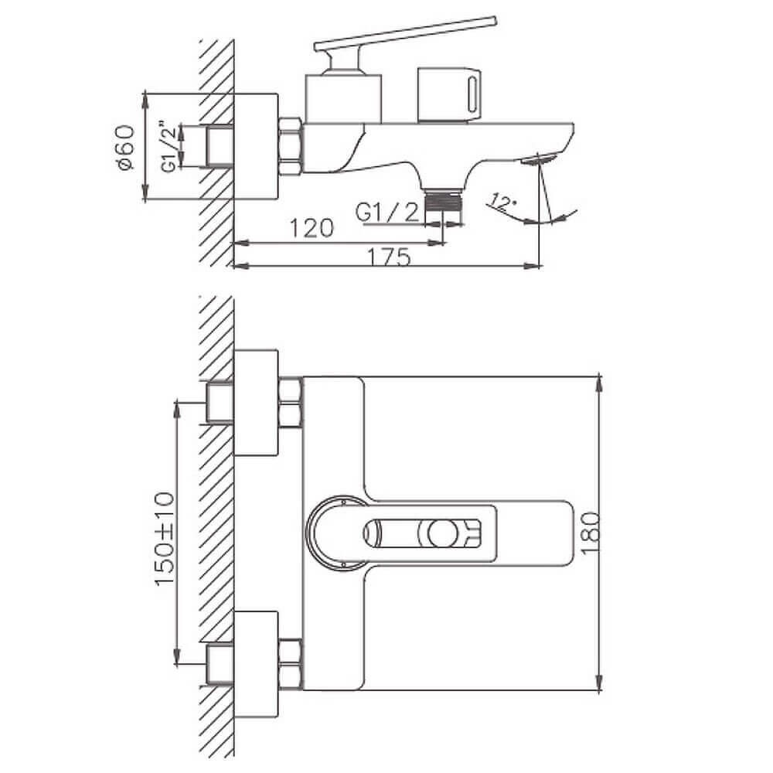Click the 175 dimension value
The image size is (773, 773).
click(389, 257)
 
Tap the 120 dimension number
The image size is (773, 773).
click(311, 228)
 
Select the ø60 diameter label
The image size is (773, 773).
click(124, 148)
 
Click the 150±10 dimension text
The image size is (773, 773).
click(165, 539)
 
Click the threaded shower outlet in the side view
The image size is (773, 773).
click(444, 201)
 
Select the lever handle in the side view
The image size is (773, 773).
click(404, 36)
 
